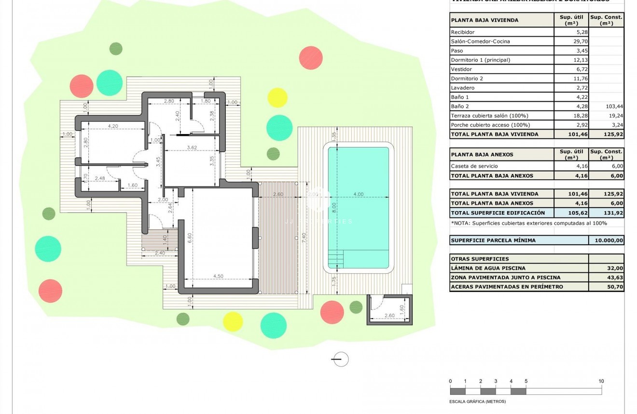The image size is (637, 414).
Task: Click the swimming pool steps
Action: point(336,259)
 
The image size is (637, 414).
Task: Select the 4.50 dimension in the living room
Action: point(219,276)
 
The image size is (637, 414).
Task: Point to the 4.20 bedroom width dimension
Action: point(113,126)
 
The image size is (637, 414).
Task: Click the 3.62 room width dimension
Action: point(192,148)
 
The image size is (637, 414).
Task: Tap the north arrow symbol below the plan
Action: point(341,359)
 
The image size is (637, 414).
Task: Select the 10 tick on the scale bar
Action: point(601,381)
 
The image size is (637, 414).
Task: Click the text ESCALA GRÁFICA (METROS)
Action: point(477,401)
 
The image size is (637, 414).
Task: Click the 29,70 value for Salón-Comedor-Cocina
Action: point(571,41)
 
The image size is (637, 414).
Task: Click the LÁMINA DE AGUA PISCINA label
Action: point(488,268)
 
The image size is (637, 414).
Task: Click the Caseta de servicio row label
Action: point(474,166)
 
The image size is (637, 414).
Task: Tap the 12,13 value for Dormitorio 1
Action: point(571,60)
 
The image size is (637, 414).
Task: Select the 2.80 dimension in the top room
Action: point(168,101)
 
